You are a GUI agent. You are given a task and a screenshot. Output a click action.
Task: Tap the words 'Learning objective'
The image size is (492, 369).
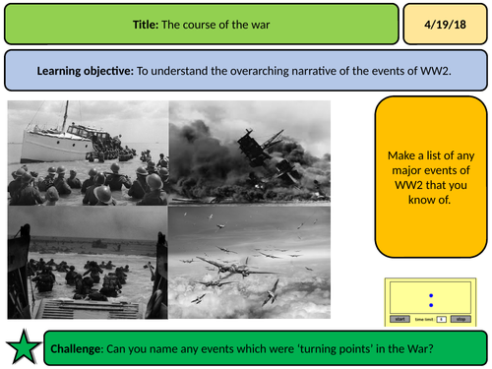pyautogui.click(x=80, y=71)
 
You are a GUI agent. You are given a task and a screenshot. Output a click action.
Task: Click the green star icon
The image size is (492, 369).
pyautogui.click(x=23, y=344)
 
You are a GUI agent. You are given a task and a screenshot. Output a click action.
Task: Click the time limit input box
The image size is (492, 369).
pyautogui.click(x=442, y=319)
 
